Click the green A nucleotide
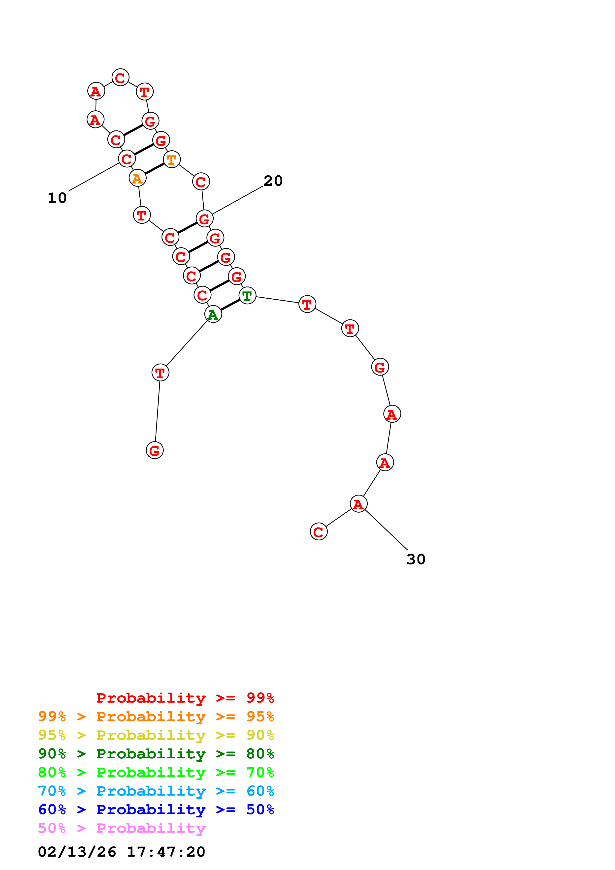point(213,314)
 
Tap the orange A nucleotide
point(137,178)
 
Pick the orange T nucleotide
point(172,159)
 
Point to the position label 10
point(57,198)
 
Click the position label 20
point(273,181)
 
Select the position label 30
point(416,559)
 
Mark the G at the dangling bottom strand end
point(155,450)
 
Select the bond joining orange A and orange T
point(155,169)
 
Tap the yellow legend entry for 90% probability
point(156,735)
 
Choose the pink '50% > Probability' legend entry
point(122,828)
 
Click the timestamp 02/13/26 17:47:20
point(122,851)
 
